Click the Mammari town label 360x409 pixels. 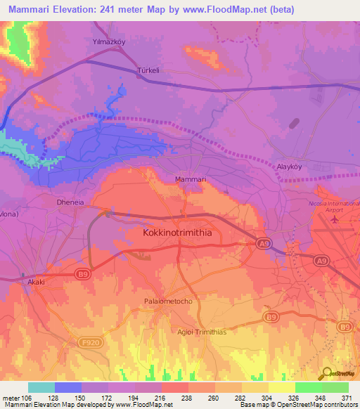coord(190,180)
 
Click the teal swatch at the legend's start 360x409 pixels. coord(41,387)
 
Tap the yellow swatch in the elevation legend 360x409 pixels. coord(282,387)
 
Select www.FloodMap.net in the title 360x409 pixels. coord(231,9)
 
